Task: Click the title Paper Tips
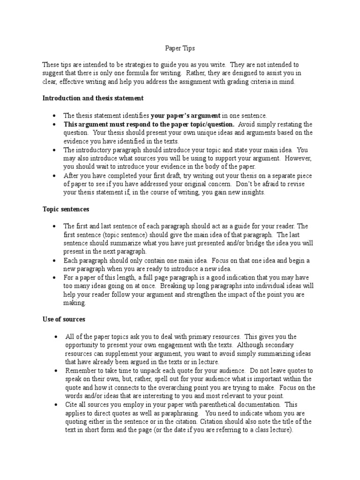pyautogui.click(x=180, y=48)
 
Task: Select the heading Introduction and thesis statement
pyautogui.click(x=93, y=98)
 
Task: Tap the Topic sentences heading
pyautogui.click(x=66, y=209)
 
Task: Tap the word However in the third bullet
pyautogui.click(x=295, y=158)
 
